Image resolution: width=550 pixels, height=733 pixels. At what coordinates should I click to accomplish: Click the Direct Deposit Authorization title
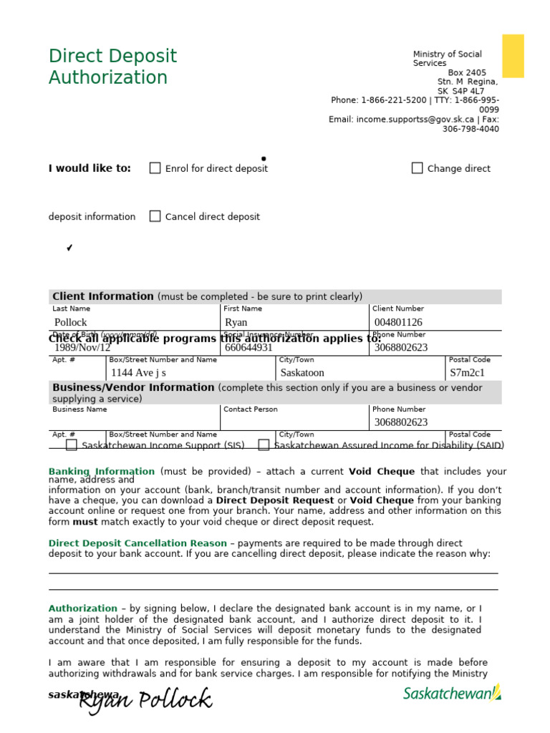coord(112,67)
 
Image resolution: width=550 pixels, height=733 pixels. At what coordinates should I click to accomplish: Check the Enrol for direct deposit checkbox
coord(155,168)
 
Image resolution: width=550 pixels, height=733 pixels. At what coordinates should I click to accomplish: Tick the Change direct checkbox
coord(417,168)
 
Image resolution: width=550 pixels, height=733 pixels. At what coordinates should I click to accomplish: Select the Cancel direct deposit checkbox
coord(155,216)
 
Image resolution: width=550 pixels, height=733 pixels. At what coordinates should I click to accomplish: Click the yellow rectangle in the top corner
coord(513,56)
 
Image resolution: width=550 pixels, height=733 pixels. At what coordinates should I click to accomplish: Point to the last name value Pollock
coord(70,323)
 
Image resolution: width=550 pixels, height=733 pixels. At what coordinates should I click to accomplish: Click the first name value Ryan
coord(236,323)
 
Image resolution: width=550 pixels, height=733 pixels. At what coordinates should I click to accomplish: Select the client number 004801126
coord(398,323)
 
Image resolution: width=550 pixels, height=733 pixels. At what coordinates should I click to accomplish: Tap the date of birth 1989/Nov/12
coord(82,348)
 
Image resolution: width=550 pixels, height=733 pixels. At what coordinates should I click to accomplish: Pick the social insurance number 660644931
coord(249,348)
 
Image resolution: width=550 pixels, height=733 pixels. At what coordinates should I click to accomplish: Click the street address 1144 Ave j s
coord(138,373)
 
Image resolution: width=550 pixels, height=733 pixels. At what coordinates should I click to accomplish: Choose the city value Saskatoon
coord(302,373)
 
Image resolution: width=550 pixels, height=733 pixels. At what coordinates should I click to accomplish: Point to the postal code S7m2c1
coord(467,373)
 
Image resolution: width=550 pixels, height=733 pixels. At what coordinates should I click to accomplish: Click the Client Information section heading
coord(103,296)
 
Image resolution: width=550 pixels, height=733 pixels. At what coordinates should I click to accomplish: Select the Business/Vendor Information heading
coord(133,387)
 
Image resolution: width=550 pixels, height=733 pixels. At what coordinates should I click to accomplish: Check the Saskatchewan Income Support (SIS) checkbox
coord(72,445)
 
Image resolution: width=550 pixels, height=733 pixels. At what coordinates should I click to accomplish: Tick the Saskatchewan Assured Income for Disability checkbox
coord(264,445)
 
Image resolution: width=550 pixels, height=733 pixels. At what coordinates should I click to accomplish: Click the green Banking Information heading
coord(102,472)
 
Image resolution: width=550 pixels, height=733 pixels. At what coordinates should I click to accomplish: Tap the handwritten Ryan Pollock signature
coord(145,701)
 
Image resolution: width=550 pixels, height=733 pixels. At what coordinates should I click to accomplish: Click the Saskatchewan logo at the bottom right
coord(452,693)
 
